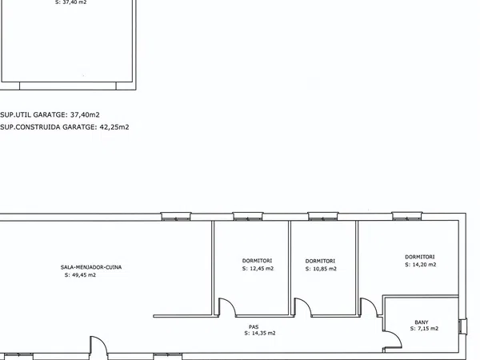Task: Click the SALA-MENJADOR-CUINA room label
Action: [91, 267]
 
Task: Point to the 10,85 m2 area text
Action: [324, 269]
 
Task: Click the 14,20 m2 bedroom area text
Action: [424, 265]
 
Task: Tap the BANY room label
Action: [422, 322]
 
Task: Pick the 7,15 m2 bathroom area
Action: [427, 329]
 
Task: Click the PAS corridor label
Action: [254, 326]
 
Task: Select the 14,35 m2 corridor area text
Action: [263, 333]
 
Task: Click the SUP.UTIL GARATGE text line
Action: [50, 114]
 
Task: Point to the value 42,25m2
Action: [114, 127]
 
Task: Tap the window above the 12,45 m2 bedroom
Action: [248, 216]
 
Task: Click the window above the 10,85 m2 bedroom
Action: [323, 216]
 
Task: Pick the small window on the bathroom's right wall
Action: [462, 326]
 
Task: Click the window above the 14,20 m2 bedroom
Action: [407, 216]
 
